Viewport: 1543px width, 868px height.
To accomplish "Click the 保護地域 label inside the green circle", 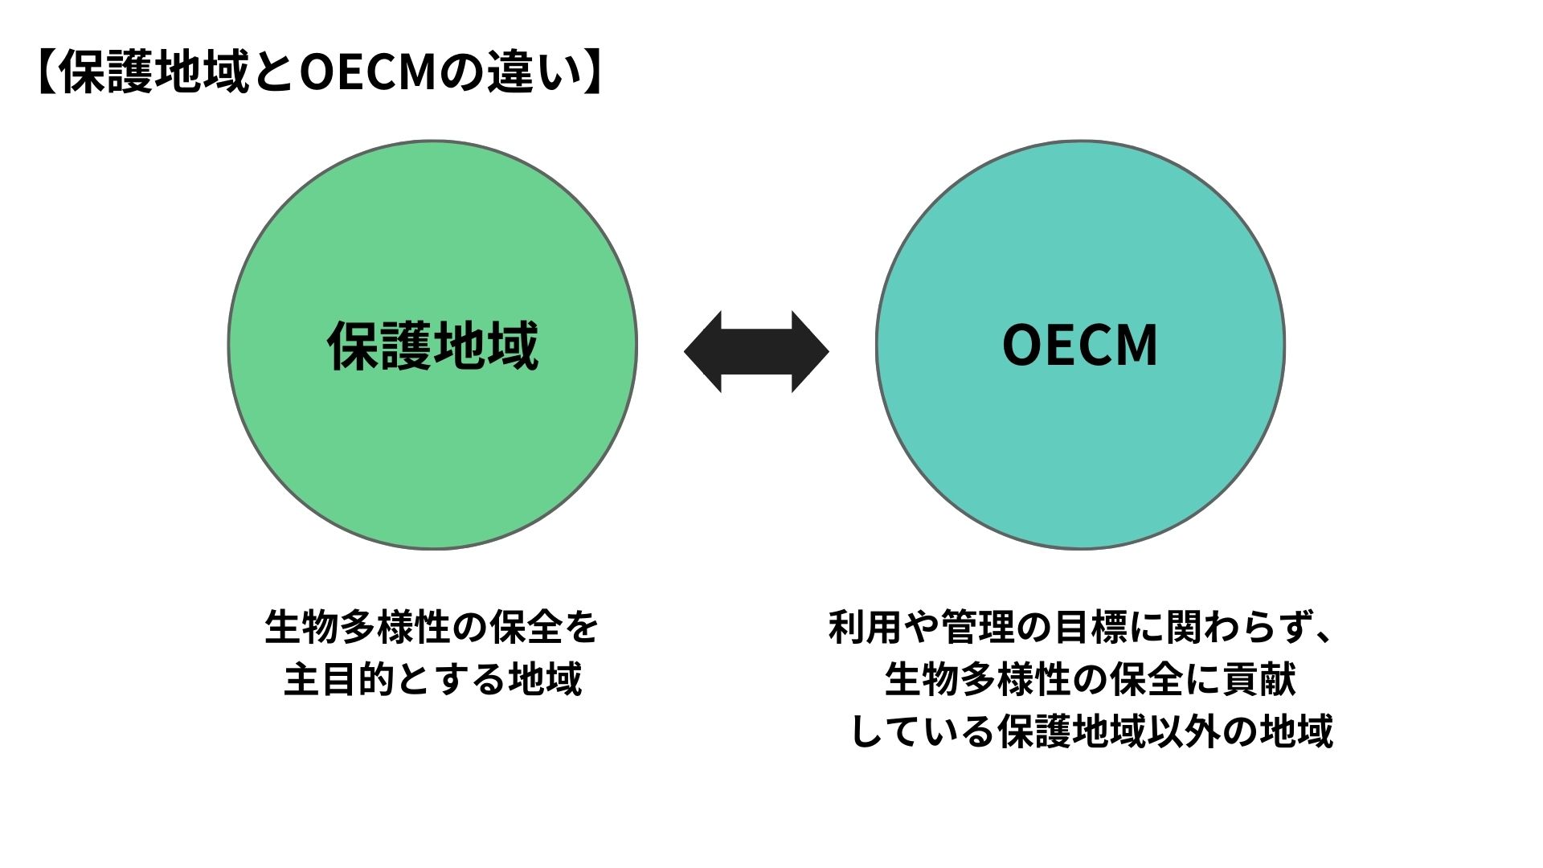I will click(432, 346).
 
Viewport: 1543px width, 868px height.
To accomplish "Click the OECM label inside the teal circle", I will click(1079, 346).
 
